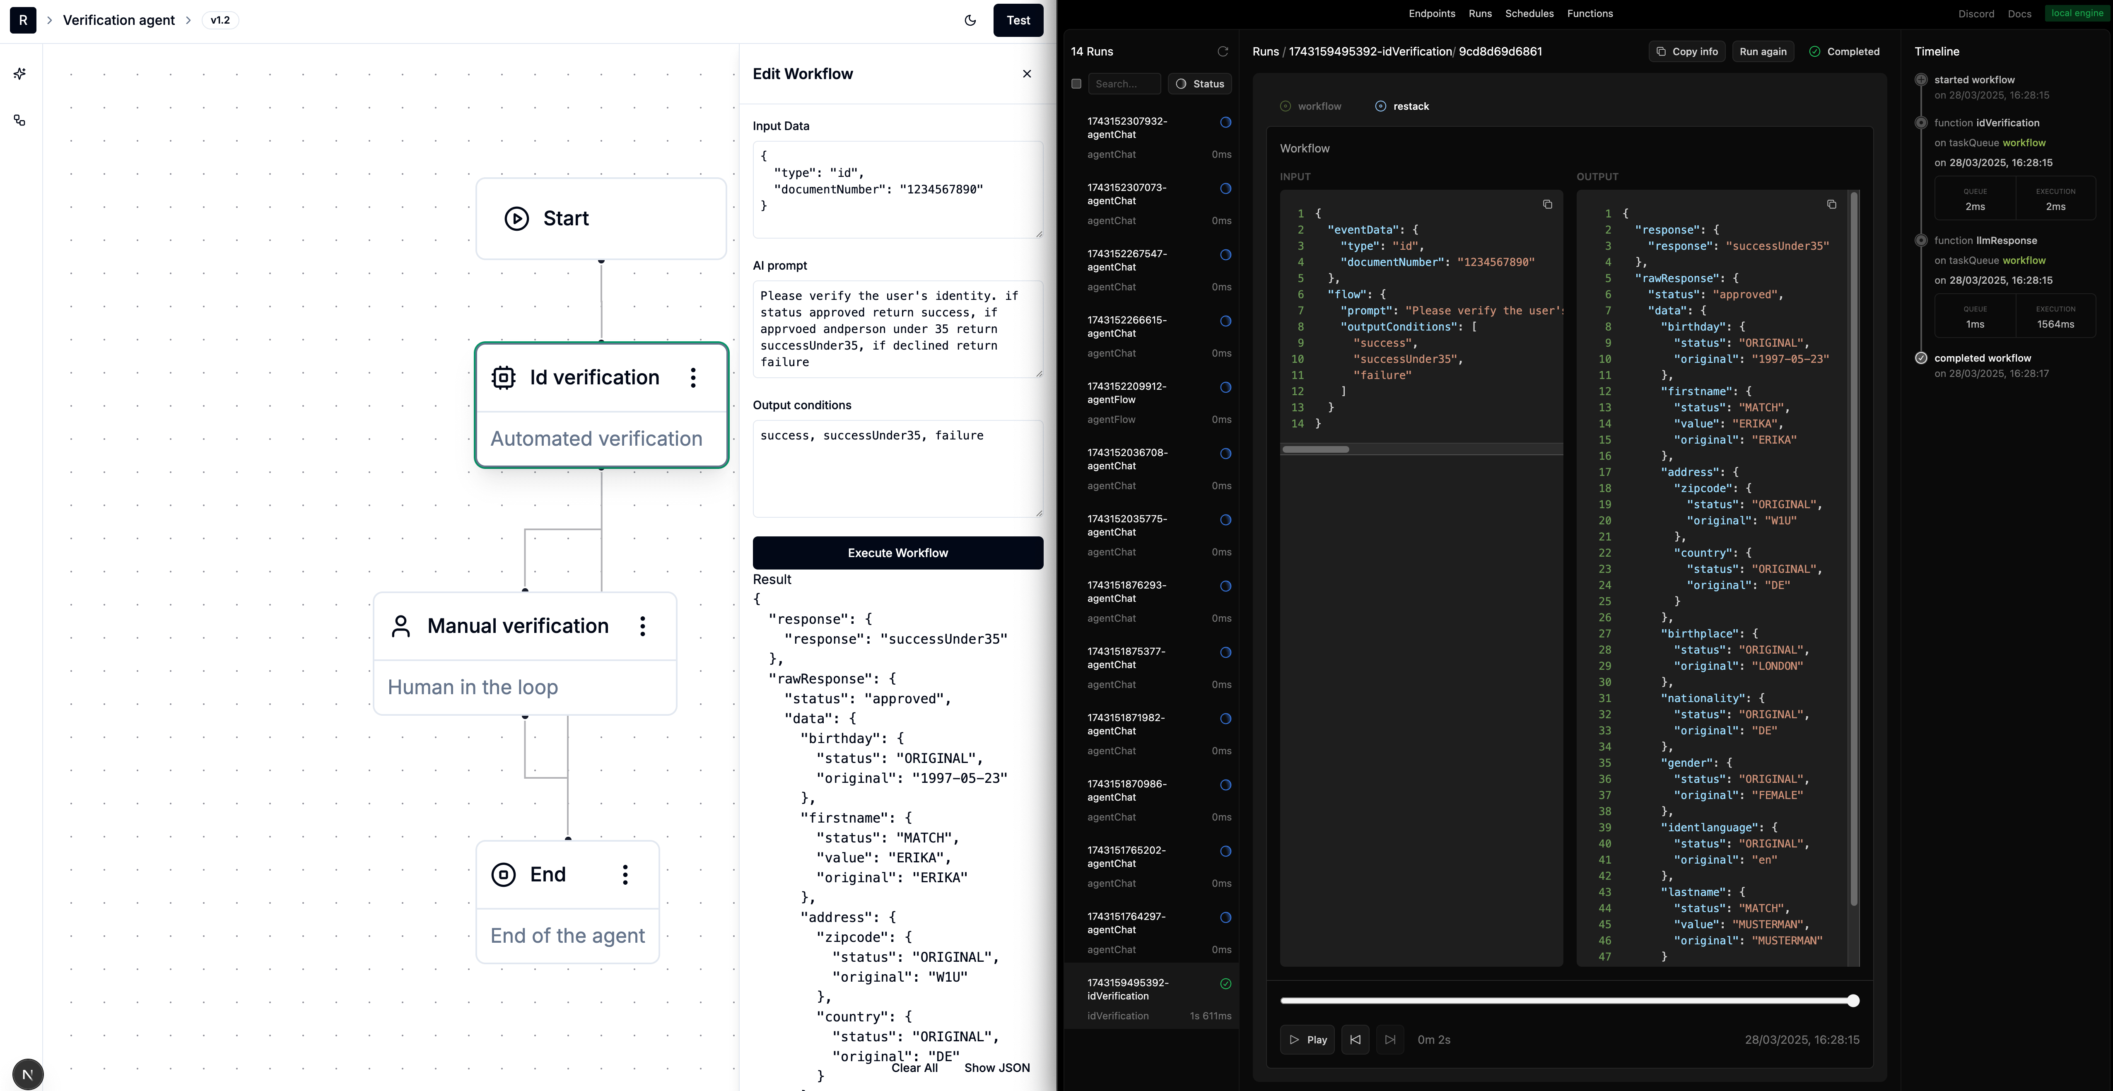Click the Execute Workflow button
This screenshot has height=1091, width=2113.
897,553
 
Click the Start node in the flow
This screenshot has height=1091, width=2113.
601,218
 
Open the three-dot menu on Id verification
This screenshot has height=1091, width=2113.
693,377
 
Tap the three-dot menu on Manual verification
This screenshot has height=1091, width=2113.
642,626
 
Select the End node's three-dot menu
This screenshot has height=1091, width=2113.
625,874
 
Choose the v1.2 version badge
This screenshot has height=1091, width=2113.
220,21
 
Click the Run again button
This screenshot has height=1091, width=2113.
1763,52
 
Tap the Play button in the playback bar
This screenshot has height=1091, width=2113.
1307,1039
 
